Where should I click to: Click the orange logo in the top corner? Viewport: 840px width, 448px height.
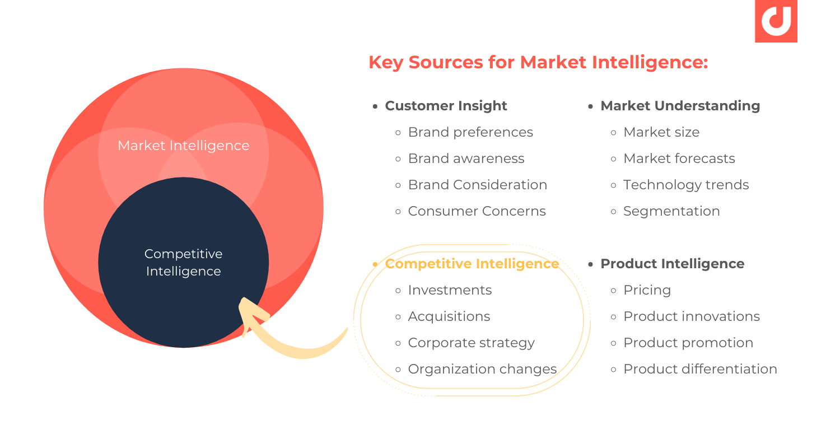coord(776,21)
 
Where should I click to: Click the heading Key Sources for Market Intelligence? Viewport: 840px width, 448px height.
coord(538,62)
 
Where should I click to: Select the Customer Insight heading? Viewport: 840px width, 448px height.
coord(446,106)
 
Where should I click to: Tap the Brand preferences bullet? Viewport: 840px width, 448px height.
coord(470,132)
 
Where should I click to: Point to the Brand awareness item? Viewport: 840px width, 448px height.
coord(466,158)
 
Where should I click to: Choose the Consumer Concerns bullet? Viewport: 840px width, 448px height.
coord(477,211)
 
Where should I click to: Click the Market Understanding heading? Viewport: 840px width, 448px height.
coord(680,106)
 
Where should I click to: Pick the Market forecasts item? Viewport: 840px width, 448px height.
coord(679,158)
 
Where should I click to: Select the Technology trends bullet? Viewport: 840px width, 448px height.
coord(686,185)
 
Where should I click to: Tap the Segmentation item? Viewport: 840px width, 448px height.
coord(671,211)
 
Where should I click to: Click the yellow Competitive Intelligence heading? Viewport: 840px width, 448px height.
coord(472,264)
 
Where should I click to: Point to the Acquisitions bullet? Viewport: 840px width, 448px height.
coord(449,316)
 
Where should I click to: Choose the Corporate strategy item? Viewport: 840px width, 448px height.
coord(471,343)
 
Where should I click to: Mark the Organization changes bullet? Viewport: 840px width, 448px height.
coord(482,369)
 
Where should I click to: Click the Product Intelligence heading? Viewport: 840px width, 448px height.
coord(672,264)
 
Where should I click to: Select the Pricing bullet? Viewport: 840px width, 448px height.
coord(647,290)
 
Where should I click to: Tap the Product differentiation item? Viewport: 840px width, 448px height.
coord(700,369)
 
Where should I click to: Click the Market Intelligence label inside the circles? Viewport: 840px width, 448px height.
coord(183,146)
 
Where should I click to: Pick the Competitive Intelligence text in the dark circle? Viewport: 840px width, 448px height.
coord(183,263)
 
